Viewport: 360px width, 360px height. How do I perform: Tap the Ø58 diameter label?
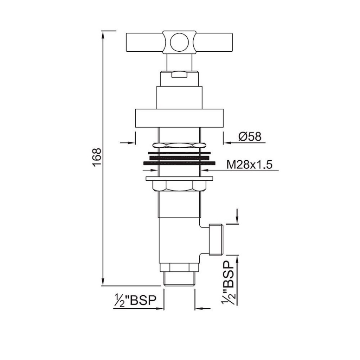coord(250,136)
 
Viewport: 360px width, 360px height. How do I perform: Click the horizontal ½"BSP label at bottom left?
coord(135,301)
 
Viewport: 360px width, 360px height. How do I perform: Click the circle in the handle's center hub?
coord(179,42)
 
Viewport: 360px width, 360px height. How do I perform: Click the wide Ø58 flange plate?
coord(179,118)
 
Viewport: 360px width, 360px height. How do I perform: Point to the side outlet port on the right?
coord(217,239)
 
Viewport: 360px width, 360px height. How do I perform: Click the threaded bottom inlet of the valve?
coord(179,280)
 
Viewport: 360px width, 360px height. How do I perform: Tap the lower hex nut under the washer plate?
coord(179,186)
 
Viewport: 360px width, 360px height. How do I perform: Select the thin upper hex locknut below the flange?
coord(179,144)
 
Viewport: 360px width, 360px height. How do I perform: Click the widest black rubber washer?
coord(179,163)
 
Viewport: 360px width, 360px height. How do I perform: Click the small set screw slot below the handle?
coord(179,74)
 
